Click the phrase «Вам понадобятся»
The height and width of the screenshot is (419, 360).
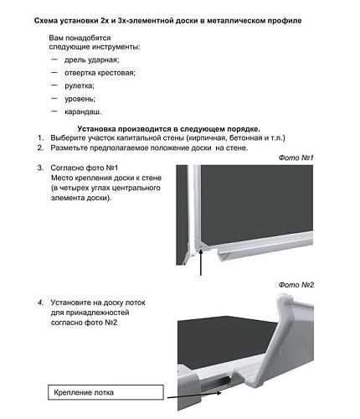(79, 39)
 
